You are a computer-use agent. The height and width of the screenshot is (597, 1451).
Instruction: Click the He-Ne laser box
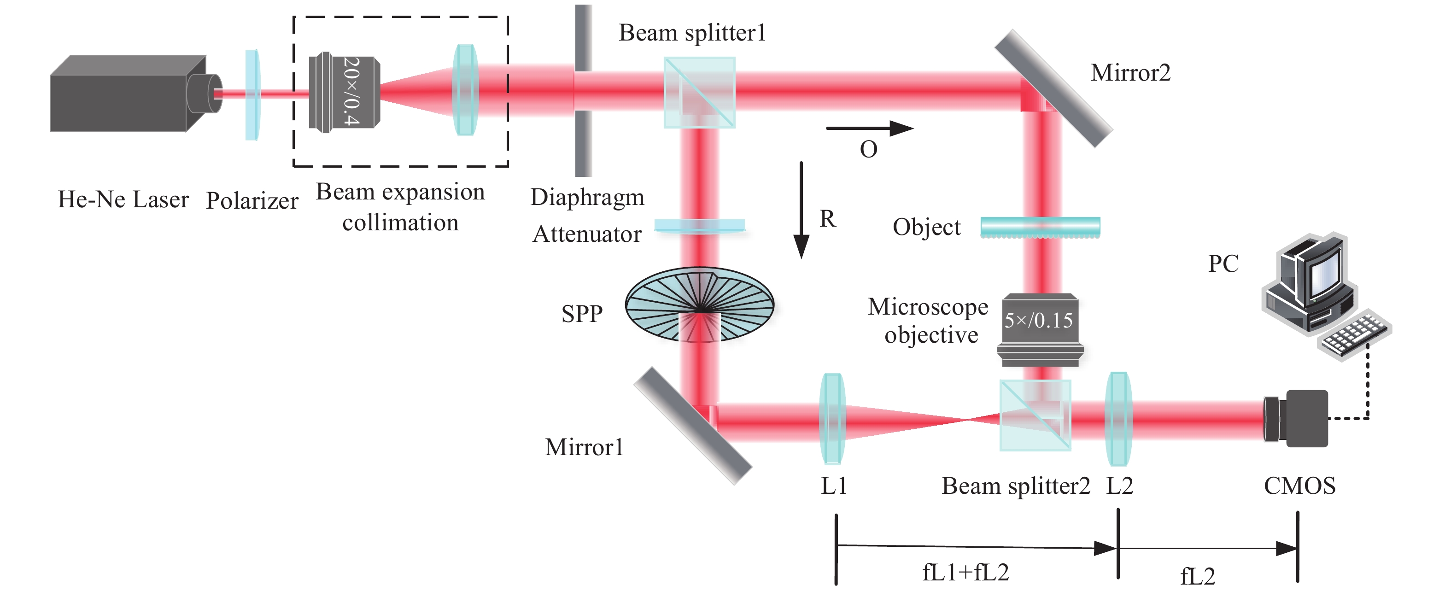(127, 96)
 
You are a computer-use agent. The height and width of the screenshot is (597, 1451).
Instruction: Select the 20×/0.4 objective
(344, 93)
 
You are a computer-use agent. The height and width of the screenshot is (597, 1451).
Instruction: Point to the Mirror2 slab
(1053, 88)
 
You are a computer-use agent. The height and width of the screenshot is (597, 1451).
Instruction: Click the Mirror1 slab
(692, 425)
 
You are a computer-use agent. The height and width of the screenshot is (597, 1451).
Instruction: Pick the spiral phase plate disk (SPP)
(700, 304)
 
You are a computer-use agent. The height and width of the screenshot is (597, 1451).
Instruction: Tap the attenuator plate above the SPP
(700, 226)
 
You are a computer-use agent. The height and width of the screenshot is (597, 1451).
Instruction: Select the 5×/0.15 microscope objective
(1040, 329)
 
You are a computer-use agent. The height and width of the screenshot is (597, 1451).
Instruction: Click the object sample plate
(1040, 227)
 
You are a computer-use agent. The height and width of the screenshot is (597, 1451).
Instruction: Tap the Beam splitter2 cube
(1035, 416)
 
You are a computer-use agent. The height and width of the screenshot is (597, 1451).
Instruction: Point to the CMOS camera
(1295, 418)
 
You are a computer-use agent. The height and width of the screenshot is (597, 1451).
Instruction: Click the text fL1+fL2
(965, 573)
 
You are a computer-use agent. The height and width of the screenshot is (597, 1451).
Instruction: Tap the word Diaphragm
(587, 197)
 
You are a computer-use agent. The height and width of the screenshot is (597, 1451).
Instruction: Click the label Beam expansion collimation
(400, 207)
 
